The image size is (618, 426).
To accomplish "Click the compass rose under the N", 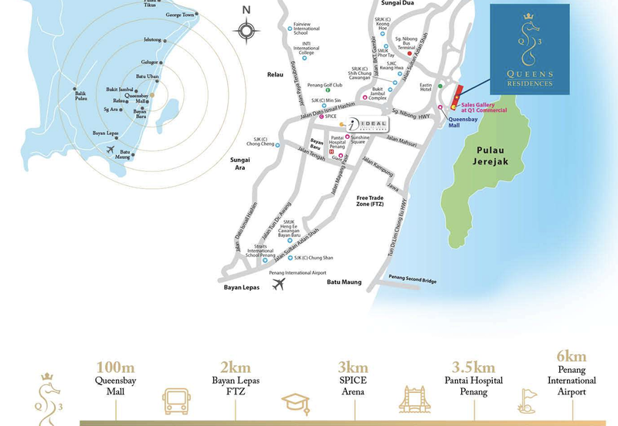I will click(x=246, y=31).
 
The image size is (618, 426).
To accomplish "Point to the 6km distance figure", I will click(x=572, y=356).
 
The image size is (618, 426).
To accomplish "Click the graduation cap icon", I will click(x=294, y=402).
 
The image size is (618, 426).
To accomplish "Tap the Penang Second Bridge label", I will click(x=413, y=279).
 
